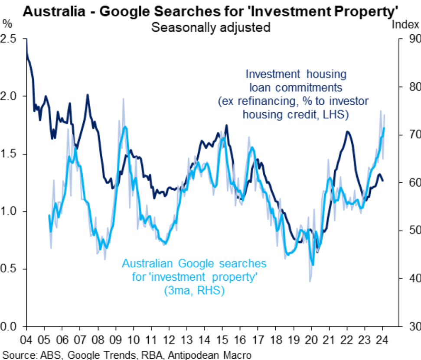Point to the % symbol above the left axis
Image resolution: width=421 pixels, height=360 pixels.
point(7,23)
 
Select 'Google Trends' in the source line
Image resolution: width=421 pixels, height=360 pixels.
point(86,355)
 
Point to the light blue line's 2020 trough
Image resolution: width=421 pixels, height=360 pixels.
point(313,265)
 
